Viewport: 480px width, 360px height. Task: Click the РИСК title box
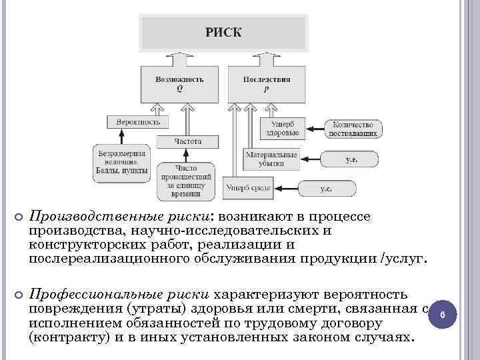coord(223,32)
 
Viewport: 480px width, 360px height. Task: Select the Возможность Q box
coord(179,83)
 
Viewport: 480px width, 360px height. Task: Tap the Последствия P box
coord(267,83)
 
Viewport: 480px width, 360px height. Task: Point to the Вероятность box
coord(138,123)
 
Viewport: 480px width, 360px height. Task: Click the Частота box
coord(188,141)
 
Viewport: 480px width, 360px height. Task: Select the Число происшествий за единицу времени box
coord(186,181)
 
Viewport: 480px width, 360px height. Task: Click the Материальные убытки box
coord(269,159)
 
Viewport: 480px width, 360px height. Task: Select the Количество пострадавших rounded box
coord(354,129)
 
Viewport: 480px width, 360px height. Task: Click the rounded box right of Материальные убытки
coord(349,159)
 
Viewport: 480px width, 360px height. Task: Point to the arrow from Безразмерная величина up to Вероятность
coord(121,137)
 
